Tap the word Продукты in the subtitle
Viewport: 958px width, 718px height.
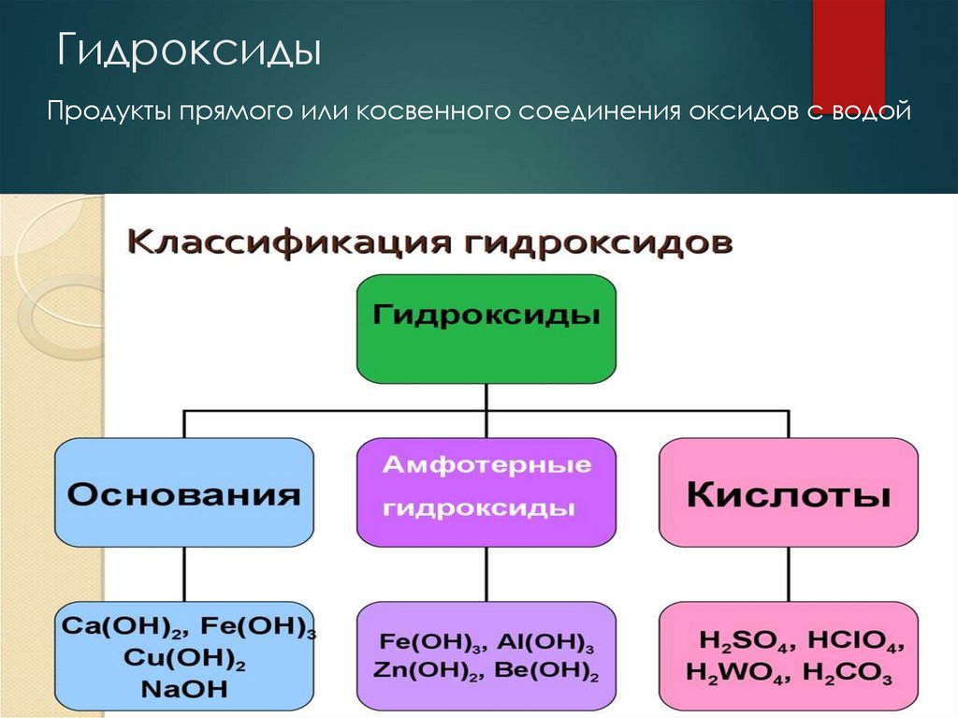[x=109, y=113]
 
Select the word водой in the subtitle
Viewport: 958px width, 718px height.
[x=876, y=113]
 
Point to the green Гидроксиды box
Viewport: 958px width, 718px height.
[x=486, y=329]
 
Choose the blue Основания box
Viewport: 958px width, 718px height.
[x=184, y=493]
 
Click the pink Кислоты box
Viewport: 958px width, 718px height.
[x=788, y=493]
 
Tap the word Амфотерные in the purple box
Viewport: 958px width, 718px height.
[x=486, y=465]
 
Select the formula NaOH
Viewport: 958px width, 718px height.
[x=184, y=690]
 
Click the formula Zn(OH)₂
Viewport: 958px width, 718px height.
[x=427, y=670]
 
